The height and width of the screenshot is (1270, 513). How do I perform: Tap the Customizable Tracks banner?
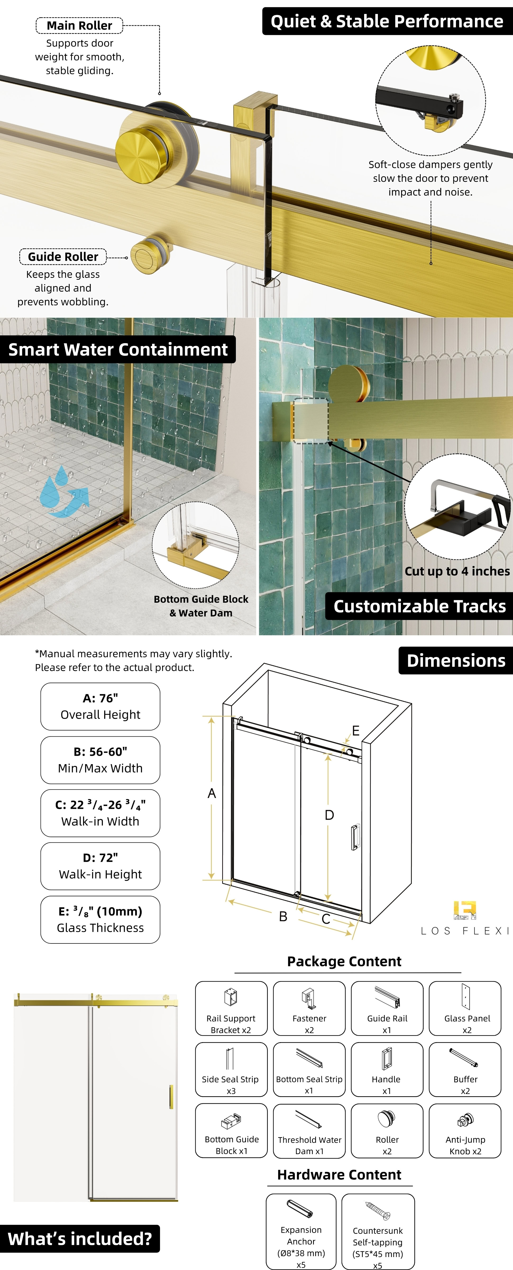click(419, 606)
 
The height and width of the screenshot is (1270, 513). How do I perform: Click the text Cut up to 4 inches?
click(457, 571)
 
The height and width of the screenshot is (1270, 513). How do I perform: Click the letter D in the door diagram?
click(329, 815)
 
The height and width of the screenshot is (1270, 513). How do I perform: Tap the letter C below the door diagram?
click(326, 919)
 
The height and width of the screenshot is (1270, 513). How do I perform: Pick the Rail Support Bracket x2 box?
click(231, 1008)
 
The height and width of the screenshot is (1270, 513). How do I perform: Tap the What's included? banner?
click(80, 1239)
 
